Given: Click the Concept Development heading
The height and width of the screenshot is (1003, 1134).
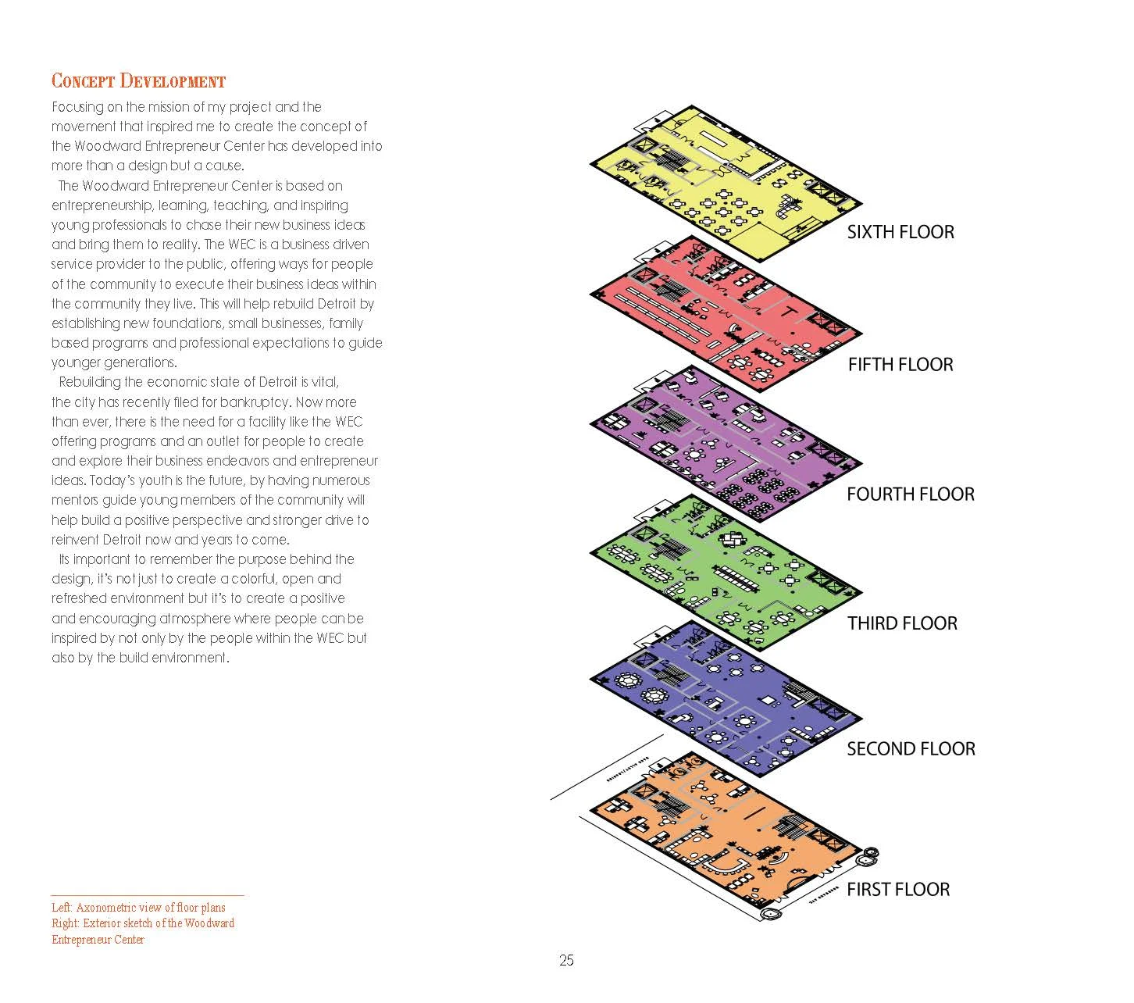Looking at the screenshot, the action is (x=138, y=81).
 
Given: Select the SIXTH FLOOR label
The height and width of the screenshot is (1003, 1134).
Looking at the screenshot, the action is (x=900, y=232).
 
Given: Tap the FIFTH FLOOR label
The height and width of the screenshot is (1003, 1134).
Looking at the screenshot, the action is (x=900, y=365).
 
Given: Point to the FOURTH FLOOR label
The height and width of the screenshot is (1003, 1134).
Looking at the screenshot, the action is (x=911, y=494).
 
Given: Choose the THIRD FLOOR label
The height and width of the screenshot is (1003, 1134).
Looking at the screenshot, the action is (x=902, y=623).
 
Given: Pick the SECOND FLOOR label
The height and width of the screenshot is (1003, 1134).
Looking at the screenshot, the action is (x=911, y=749).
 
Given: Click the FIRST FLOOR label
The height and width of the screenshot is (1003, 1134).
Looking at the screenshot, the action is (x=898, y=890).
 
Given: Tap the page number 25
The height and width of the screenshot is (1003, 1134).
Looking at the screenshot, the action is (x=566, y=961).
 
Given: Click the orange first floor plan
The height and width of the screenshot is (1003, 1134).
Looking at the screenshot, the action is (x=726, y=836).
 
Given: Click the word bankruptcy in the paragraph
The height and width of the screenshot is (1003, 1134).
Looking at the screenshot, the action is (x=254, y=402).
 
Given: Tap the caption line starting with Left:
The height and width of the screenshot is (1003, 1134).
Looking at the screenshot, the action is (x=138, y=908).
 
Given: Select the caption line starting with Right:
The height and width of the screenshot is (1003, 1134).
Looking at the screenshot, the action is (x=143, y=923).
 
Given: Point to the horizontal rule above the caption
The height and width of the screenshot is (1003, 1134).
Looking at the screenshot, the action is (x=147, y=895).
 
